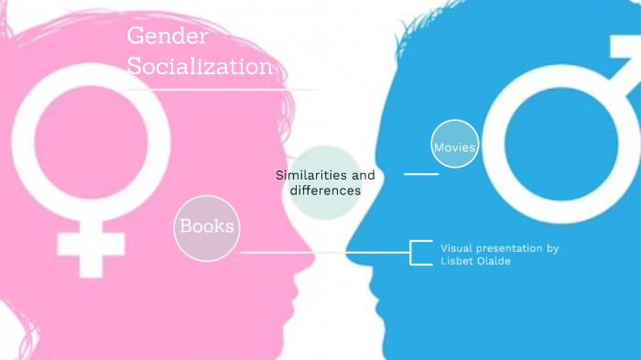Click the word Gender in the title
168,37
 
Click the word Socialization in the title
200,67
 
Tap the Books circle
206,226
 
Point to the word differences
325,191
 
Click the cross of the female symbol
90,245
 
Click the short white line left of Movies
421,173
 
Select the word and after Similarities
364,174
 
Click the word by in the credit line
552,248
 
